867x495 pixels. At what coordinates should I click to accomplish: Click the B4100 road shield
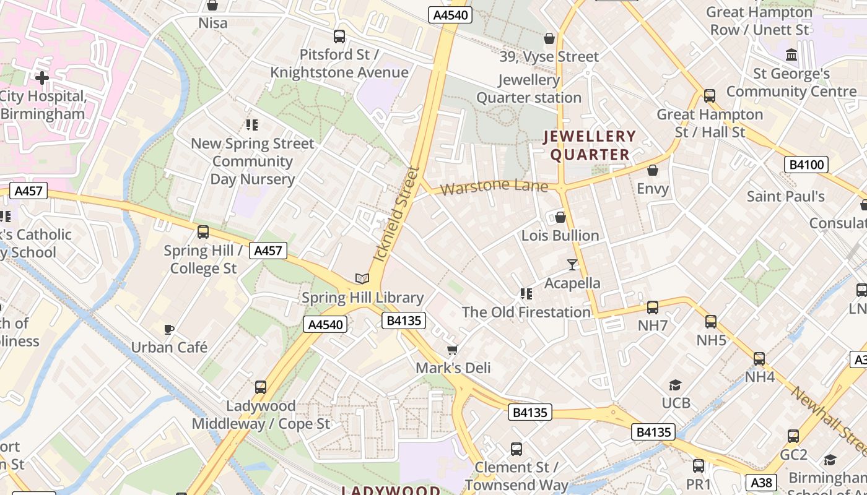click(806, 165)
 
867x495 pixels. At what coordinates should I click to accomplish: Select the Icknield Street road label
click(397, 213)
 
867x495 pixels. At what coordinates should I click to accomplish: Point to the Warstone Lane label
click(495, 186)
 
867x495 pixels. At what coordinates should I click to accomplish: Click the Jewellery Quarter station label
click(529, 88)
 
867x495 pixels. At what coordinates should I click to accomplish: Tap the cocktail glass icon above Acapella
click(572, 265)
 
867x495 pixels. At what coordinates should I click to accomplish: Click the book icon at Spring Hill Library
click(362, 279)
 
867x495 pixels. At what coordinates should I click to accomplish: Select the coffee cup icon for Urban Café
click(168, 329)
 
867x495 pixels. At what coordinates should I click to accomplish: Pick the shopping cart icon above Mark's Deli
click(453, 350)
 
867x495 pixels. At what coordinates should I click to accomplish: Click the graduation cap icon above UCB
click(675, 385)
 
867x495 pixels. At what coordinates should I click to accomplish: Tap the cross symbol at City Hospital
click(42, 78)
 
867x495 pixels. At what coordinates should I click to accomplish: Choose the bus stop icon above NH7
click(652, 307)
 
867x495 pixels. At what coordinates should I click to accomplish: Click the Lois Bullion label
click(560, 235)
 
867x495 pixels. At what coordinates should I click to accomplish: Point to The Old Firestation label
click(526, 312)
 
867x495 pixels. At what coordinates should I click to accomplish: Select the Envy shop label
click(653, 188)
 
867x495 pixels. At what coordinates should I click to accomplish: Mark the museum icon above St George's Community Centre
click(791, 55)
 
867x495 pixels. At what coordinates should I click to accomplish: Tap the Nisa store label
click(213, 24)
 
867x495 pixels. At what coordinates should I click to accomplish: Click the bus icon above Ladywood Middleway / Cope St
click(261, 387)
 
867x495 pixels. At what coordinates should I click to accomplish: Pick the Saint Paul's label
click(785, 197)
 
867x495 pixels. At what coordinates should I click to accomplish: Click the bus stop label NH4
click(759, 376)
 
